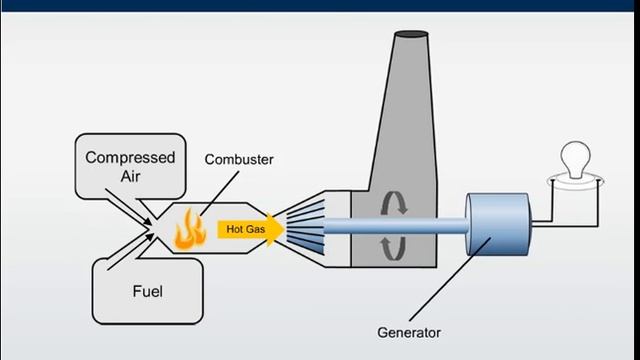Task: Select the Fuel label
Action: coord(147,293)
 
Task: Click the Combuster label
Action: coord(239,159)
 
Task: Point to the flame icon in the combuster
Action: coord(185,229)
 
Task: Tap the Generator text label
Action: coord(408,332)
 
